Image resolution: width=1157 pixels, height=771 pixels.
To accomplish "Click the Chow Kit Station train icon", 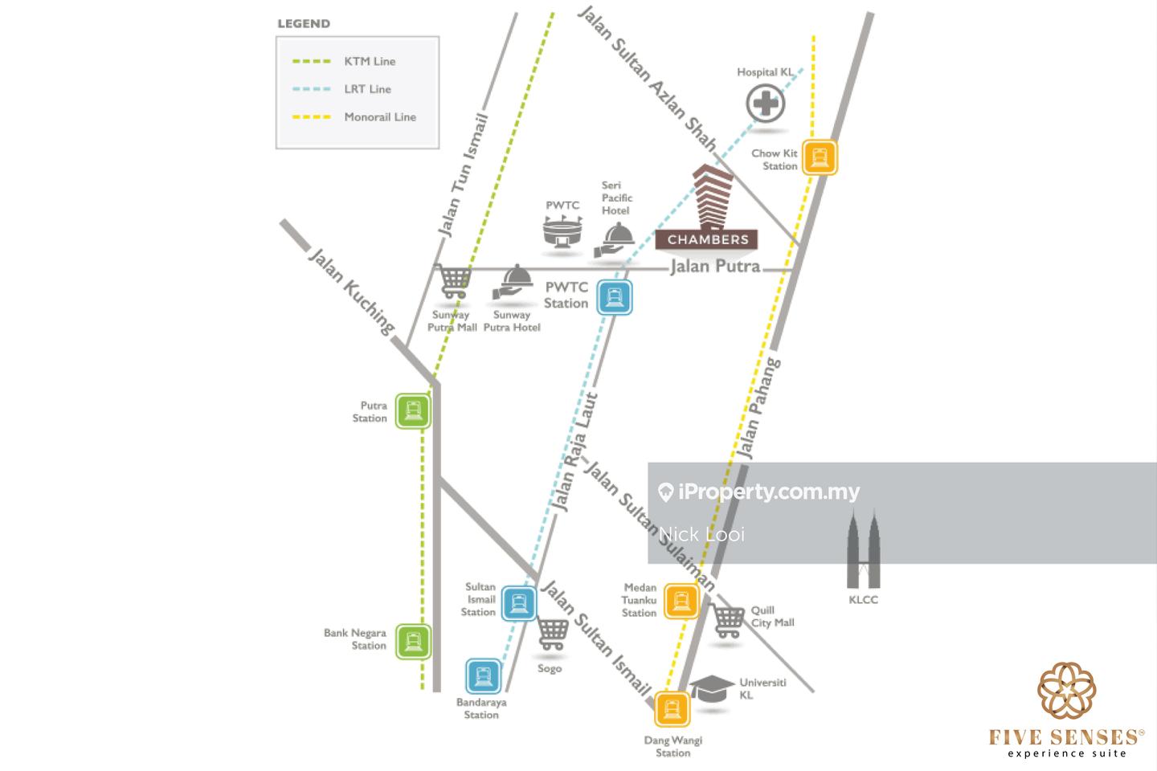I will (819, 157).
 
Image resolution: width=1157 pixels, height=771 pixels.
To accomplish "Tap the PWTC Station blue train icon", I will (615, 297).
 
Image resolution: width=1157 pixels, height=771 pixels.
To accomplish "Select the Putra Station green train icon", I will (413, 411).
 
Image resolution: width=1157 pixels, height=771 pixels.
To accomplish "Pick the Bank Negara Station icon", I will (413, 642).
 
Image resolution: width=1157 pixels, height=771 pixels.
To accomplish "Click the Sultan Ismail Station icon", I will (519, 603).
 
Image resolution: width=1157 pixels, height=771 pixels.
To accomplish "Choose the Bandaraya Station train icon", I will (483, 676).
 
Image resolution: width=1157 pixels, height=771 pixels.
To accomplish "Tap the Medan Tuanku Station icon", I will (681, 600).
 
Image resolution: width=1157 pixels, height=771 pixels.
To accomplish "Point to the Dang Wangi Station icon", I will (673, 709).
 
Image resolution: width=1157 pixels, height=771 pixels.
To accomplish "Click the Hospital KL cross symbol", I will (766, 104).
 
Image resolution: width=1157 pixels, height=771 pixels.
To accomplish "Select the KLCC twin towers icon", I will (864, 549).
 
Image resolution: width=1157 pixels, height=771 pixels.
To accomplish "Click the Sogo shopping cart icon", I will (552, 634).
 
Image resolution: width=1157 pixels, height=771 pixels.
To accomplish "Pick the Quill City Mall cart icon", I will (728, 621).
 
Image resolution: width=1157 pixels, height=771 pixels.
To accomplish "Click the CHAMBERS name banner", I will (707, 239).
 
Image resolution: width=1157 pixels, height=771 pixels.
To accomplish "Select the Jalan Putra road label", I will (715, 266).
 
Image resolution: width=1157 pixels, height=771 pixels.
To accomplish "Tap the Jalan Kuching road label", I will (352, 292).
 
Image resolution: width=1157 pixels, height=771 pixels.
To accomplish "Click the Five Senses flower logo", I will (1066, 691).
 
